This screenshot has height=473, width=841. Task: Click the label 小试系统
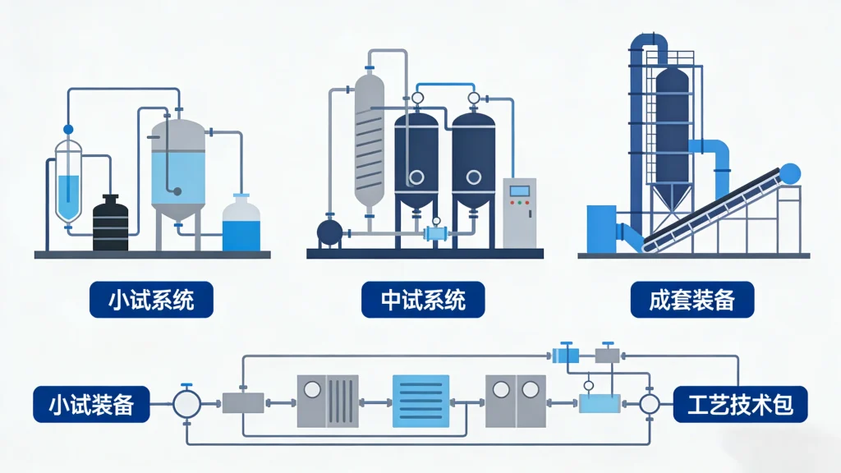(151, 300)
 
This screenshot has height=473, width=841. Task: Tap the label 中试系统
(423, 300)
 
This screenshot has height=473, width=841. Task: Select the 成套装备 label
(692, 300)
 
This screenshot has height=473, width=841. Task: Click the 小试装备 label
(92, 404)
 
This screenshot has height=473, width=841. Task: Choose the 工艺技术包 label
(739, 404)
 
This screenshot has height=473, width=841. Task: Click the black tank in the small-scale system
(110, 224)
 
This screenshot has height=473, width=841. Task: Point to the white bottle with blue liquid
(241, 224)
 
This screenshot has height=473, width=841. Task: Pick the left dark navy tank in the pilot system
(416, 156)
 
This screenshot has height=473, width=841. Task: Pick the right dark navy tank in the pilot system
(474, 156)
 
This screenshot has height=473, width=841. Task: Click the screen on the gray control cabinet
(519, 191)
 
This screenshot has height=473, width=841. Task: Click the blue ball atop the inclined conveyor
(789, 173)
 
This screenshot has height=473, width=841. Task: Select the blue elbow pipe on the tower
(711, 156)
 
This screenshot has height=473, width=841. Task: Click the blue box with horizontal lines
(420, 401)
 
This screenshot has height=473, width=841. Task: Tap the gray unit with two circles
(514, 401)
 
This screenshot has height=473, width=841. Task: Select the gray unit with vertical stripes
(328, 401)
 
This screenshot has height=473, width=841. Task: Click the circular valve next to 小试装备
(186, 403)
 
